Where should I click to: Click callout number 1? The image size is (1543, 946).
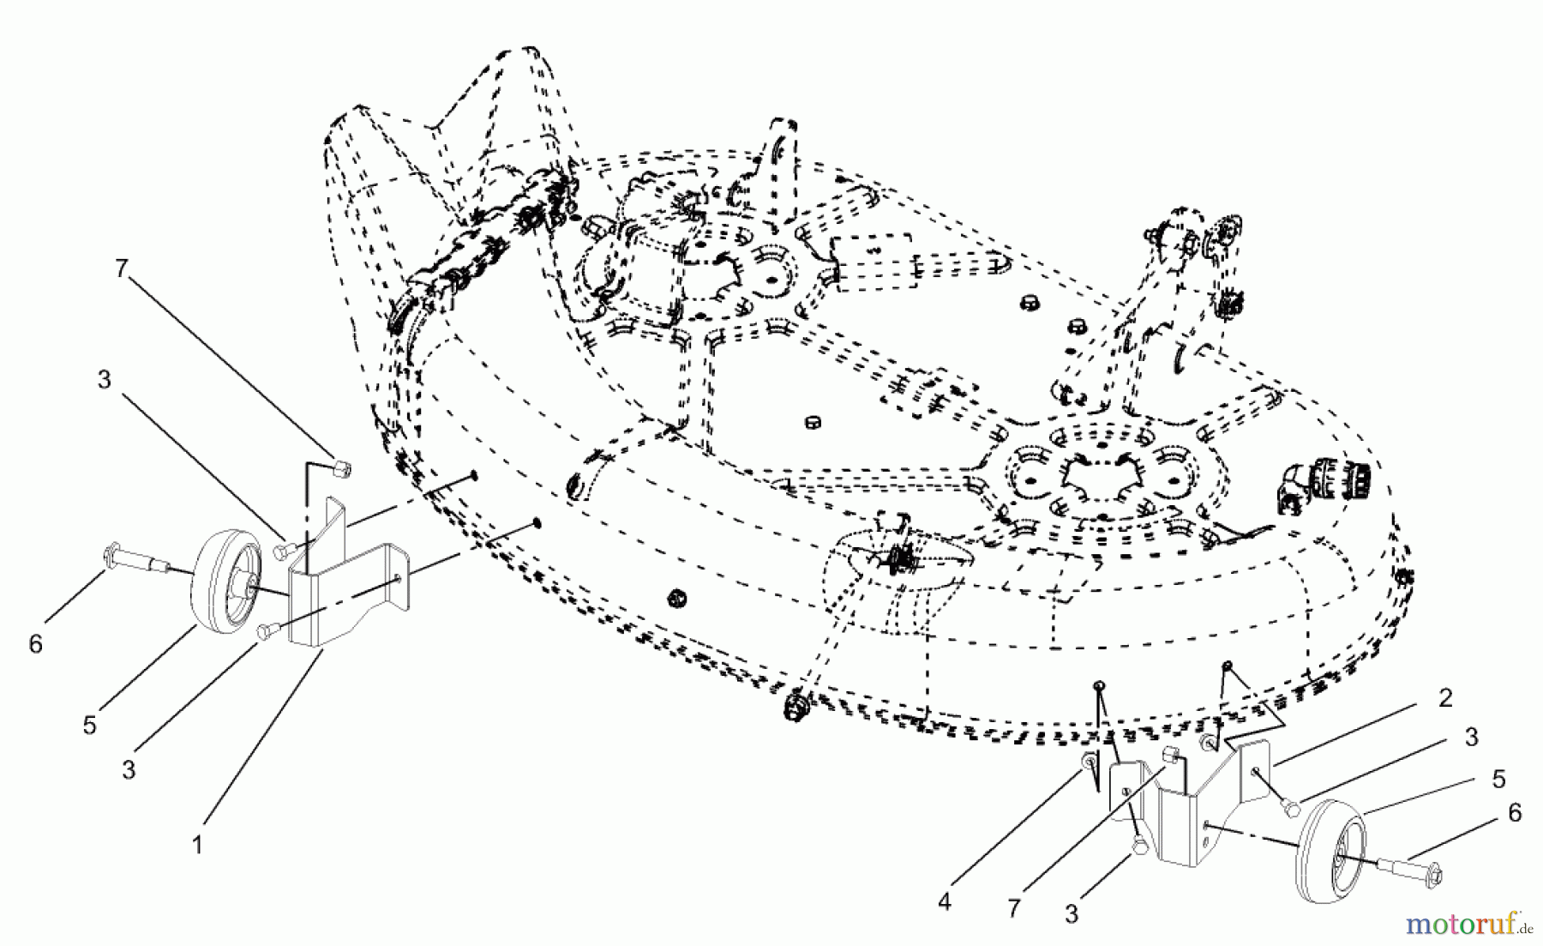pyautogui.click(x=197, y=845)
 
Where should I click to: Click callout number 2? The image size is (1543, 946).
pyautogui.click(x=1445, y=698)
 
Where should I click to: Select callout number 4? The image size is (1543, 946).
pyautogui.click(x=944, y=902)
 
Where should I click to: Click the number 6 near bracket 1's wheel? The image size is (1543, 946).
pyautogui.click(x=35, y=643)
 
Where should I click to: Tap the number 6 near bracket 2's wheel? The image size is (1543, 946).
pyautogui.click(x=1514, y=812)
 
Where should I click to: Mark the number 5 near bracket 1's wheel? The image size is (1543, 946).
pyautogui.click(x=89, y=725)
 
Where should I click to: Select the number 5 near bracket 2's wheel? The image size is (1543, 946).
pyautogui.click(x=1498, y=779)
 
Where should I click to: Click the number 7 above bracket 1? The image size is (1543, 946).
pyautogui.click(x=121, y=269)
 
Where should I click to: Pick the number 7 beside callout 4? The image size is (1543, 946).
pyautogui.click(x=1015, y=907)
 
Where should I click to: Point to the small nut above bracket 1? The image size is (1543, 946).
pyautogui.click(x=341, y=468)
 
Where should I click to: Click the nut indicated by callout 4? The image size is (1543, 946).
pyautogui.click(x=1088, y=762)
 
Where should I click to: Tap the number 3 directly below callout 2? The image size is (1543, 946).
pyautogui.click(x=1471, y=737)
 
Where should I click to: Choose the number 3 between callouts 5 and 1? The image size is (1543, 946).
pyautogui.click(x=129, y=769)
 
